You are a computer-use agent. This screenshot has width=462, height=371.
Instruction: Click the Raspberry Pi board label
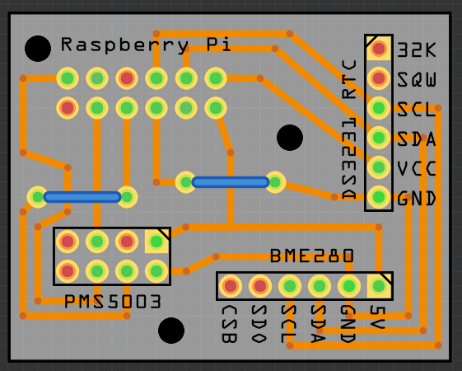coord(146,45)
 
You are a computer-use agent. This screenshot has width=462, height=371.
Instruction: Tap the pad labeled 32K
coord(379,49)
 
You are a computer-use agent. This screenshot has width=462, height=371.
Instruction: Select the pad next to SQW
coord(379,78)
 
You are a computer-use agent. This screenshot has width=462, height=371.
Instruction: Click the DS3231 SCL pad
coord(379,108)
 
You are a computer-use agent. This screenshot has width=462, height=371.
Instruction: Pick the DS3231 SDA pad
coord(379,138)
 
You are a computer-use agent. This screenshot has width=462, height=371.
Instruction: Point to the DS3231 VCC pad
coord(379,167)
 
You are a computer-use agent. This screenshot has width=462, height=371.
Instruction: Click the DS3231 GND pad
coord(379,197)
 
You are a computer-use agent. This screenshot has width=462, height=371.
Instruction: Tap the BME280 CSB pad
coord(231,286)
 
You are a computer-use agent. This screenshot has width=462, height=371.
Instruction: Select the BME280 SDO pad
coord(260,286)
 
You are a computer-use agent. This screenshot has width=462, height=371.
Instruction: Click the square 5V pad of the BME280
coord(379,286)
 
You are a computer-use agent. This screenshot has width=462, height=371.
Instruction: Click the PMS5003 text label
coord(113,302)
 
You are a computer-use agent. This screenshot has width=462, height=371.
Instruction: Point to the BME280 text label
coord(312,256)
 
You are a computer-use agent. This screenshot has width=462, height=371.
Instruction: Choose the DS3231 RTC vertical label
coord(349,129)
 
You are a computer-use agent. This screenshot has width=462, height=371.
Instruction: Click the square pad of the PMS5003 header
coord(156,242)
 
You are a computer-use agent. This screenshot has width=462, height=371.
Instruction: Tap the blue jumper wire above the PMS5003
coord(82,197)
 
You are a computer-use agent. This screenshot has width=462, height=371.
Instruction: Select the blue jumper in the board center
coord(231,182)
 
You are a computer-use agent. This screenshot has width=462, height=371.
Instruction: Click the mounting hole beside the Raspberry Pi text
coord(38,49)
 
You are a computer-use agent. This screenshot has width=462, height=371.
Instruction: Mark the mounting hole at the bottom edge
coord(171,331)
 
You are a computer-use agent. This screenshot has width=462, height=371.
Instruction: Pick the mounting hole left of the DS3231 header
coord(290,138)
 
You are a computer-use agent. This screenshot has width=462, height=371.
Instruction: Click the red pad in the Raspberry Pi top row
coord(127,78)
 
